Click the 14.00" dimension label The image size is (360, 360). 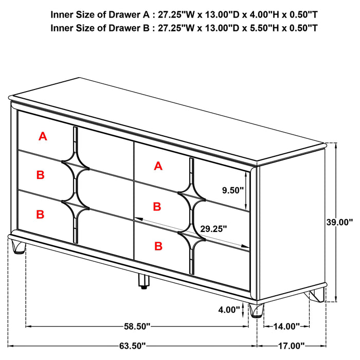(285, 326)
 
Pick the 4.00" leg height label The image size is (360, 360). (229, 310)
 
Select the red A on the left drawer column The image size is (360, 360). (43, 136)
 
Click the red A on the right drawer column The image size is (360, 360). (158, 166)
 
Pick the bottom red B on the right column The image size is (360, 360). (158, 247)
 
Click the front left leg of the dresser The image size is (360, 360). (19, 248)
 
